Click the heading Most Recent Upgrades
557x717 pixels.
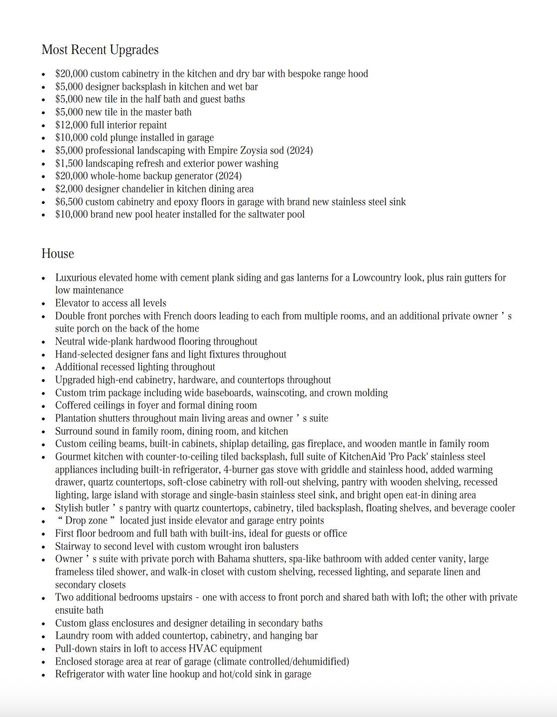pos(100,50)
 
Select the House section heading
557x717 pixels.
pos(58,254)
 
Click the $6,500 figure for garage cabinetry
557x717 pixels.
pos(69,202)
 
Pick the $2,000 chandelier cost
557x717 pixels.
pos(69,189)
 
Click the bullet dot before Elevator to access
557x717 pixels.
pos(44,304)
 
